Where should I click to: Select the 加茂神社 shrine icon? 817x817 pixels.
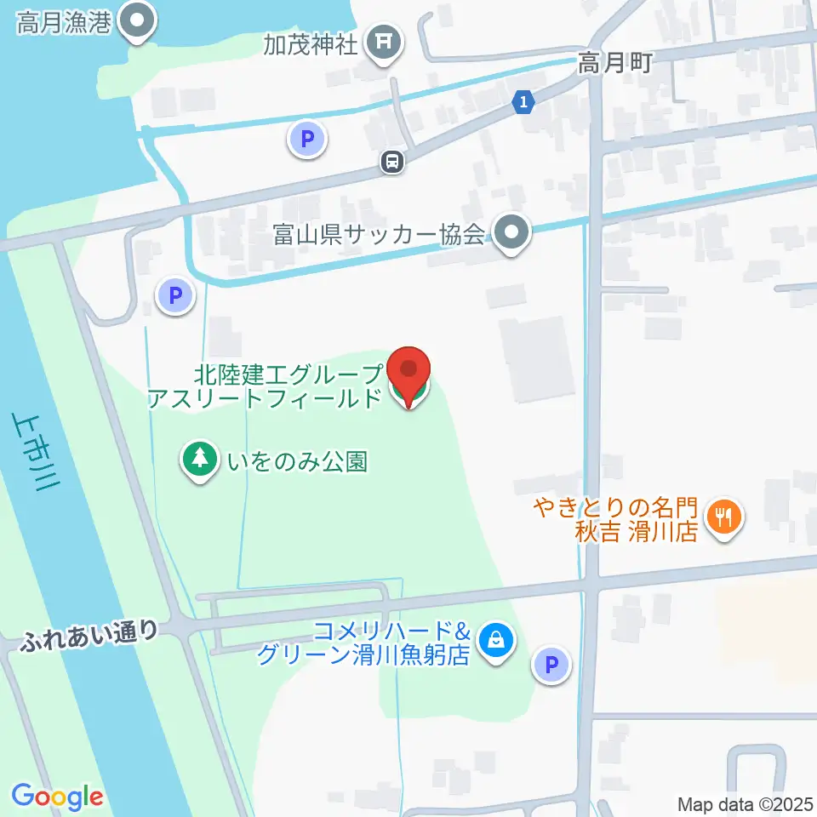(x=384, y=43)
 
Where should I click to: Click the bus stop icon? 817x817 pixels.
(x=392, y=161)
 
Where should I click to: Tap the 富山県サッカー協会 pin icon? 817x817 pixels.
(x=511, y=232)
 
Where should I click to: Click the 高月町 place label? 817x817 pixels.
(x=614, y=63)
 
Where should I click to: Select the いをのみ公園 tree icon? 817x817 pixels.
(x=200, y=459)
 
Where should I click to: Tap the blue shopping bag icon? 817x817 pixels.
(x=495, y=639)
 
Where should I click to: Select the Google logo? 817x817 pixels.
(x=57, y=797)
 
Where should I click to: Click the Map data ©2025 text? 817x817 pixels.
(x=744, y=803)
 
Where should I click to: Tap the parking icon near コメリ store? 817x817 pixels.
(x=551, y=664)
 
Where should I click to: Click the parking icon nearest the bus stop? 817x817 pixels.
(x=307, y=138)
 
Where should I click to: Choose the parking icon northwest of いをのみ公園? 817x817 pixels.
(x=175, y=296)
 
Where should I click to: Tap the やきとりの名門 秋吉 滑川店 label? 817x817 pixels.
(x=616, y=520)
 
